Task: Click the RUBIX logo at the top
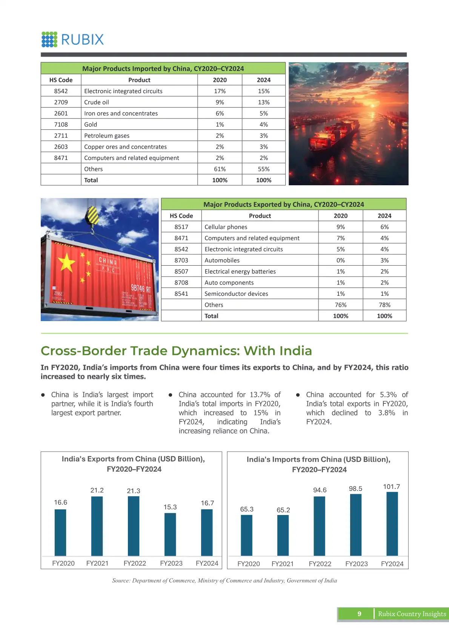(72, 39)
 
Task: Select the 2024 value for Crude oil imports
(263, 102)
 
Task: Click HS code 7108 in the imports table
(61, 125)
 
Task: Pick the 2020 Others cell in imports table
(220, 169)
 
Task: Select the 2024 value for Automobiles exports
(384, 260)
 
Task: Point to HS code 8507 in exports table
(181, 271)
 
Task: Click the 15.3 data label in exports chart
(170, 507)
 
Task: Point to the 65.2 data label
(283, 510)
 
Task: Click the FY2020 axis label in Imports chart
(248, 564)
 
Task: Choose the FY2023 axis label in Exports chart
(171, 563)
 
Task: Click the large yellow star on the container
(67, 262)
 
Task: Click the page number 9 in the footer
(359, 614)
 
